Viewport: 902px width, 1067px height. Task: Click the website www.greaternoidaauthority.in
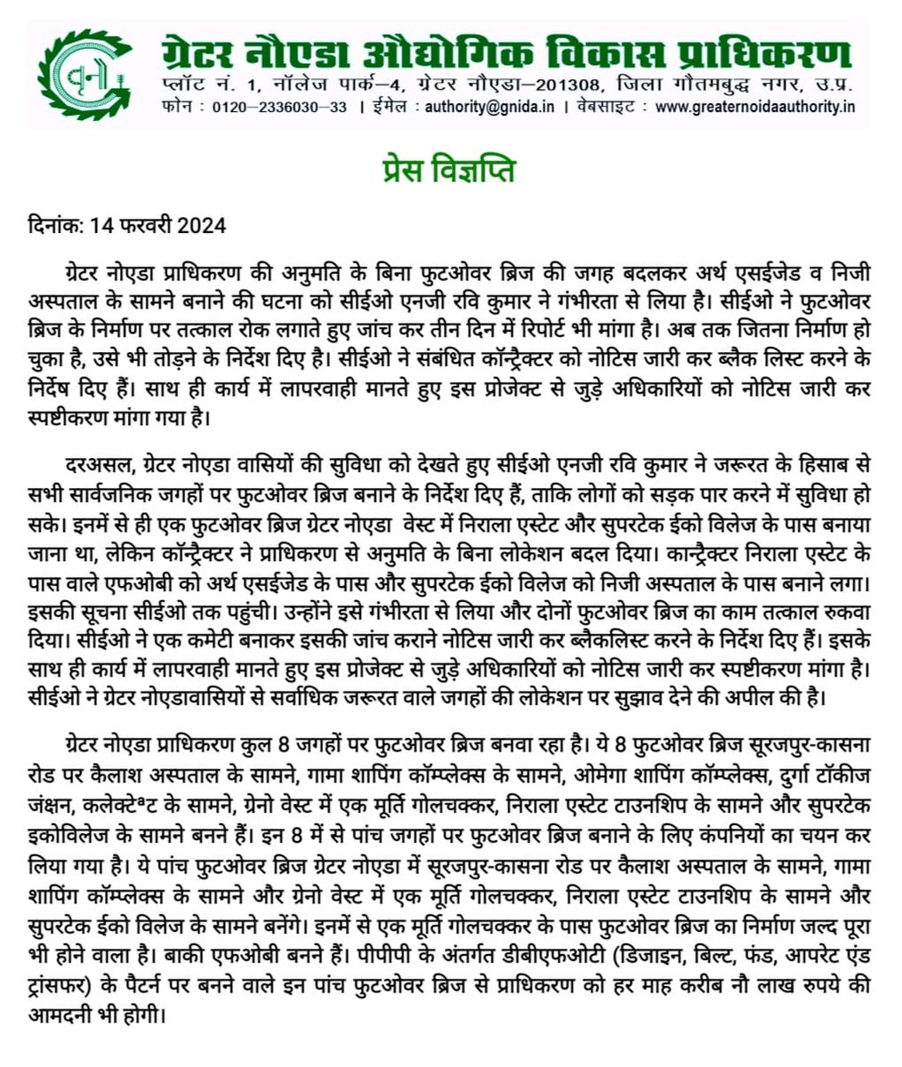point(754,107)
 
